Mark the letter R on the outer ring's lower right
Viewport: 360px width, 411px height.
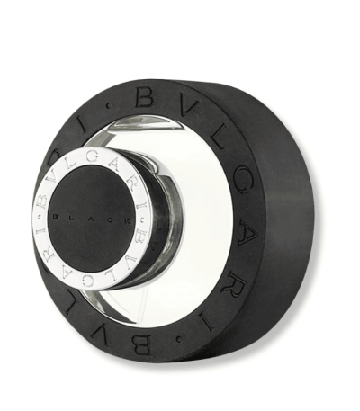click(x=229, y=247)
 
